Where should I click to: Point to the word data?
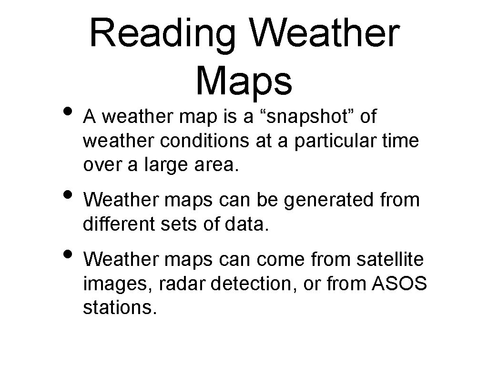249,224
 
